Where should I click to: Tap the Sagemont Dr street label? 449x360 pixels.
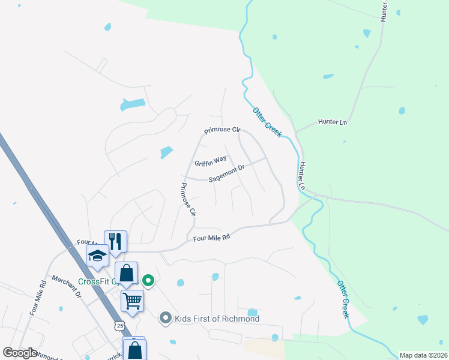227,173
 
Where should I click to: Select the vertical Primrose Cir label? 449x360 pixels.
185,199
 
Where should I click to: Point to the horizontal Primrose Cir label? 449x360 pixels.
221,130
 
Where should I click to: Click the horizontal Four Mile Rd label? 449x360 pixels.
211,238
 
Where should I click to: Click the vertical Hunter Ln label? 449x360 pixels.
303,176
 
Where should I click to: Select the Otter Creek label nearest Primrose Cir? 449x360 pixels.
267,122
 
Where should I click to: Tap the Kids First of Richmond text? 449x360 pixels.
217,319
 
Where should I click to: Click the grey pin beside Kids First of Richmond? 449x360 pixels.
166,319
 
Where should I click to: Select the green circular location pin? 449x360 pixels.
148,280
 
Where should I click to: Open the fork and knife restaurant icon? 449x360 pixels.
115,241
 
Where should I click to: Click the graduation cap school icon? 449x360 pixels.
97,256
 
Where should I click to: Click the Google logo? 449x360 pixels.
20,353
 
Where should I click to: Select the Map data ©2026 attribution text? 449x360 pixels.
423,355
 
